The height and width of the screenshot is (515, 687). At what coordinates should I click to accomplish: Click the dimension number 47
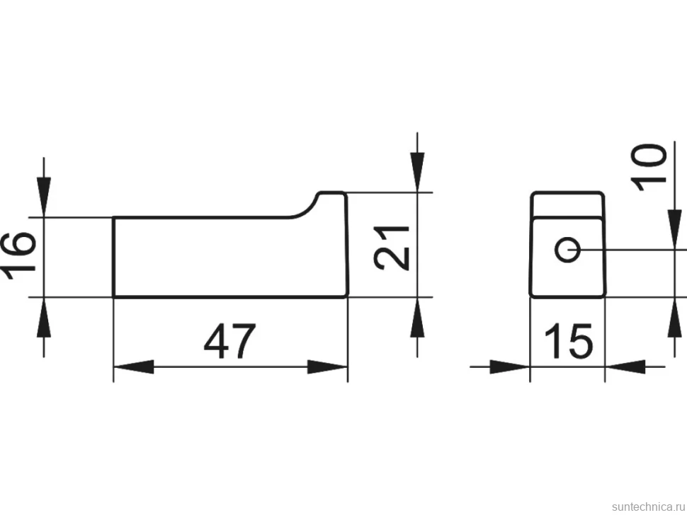coord(229,341)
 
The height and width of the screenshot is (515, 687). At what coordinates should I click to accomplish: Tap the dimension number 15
coord(568,341)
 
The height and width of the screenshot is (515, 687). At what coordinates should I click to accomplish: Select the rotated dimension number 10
coord(649,167)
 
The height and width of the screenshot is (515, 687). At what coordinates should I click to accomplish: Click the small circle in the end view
coord(568,250)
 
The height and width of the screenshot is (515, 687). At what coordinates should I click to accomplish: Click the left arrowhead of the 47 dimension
coord(134,367)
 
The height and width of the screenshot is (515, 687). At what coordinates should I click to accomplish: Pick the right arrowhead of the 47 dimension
coord(327,367)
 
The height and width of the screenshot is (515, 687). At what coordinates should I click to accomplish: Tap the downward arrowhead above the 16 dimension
coord(44,197)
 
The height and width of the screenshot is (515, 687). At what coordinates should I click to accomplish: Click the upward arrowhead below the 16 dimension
coord(44,318)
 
